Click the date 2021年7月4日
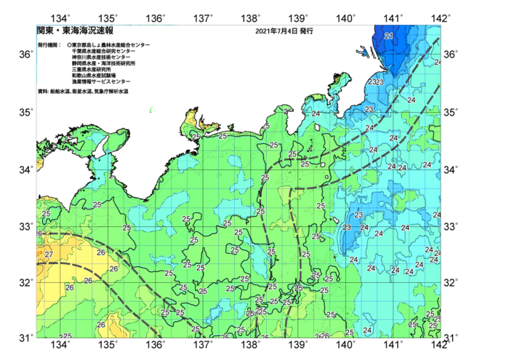pos(276,32)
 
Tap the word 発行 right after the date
pos(305,32)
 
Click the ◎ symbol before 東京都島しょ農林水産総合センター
pos(69,45)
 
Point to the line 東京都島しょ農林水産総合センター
pos(111,45)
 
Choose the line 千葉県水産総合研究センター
pos(104,51)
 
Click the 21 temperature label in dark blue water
pos(388,36)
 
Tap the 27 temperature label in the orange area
pos(49,255)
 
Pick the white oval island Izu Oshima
pos(319,127)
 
